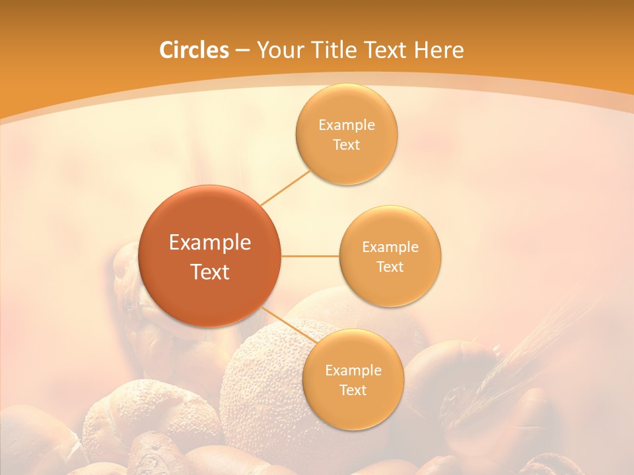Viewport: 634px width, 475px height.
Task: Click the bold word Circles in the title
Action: pos(194,50)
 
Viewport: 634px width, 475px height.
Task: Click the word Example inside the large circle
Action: pos(209,243)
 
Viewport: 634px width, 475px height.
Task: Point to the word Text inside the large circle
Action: pos(209,272)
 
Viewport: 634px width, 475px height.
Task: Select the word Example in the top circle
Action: pos(346,125)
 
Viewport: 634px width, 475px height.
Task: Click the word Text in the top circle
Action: pos(346,145)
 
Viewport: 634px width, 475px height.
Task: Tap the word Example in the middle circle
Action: pos(390,247)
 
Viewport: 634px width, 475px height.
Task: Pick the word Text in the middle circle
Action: pos(390,267)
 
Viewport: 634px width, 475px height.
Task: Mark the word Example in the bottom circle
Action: pos(353,371)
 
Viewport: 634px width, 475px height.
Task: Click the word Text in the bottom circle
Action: pos(353,391)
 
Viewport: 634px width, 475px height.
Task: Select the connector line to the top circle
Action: pos(286,187)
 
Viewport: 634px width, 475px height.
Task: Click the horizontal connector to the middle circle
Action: pos(310,256)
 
